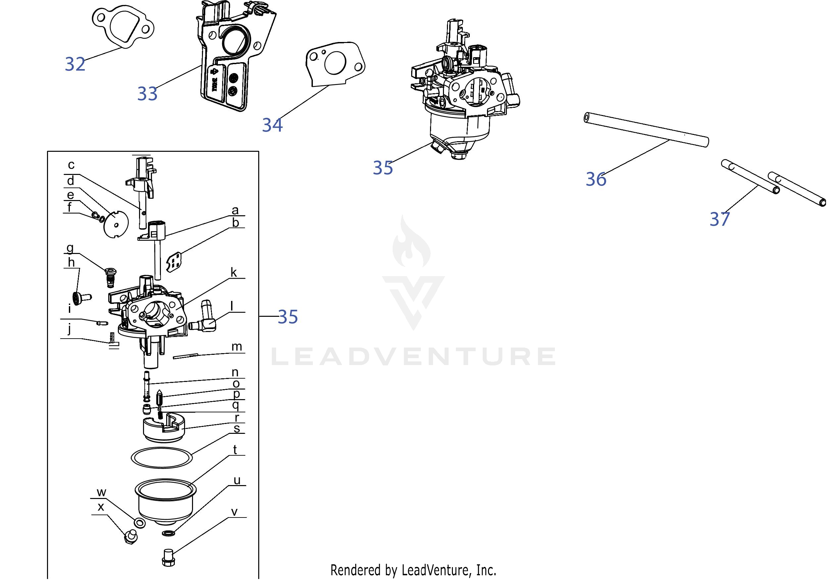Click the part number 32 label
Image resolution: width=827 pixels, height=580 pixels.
75,64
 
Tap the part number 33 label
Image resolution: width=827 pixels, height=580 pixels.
147,94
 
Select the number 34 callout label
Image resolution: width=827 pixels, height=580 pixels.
272,125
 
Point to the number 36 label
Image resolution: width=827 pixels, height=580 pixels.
596,179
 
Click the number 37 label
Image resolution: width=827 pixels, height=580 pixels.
720,219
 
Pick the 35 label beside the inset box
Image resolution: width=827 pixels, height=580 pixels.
288,317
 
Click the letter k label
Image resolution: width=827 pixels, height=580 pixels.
234,273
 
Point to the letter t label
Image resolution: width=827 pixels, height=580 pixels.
235,450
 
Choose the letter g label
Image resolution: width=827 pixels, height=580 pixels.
70,248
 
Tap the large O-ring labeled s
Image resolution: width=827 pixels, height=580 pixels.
161,458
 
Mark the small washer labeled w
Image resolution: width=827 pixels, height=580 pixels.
140,523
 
